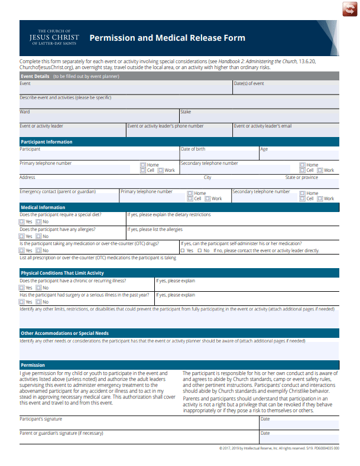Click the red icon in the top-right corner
pyautogui.click(x=346, y=10)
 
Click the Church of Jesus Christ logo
pyautogui.click(x=54, y=37)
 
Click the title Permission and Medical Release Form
pyautogui.click(x=167, y=38)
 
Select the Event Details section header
pyautogui.click(x=35, y=76)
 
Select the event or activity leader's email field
pyautogui.click(x=286, y=132)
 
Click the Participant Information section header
pyautogui.click(x=47, y=142)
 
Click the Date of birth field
pyautogui.click(x=219, y=155)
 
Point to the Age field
pyautogui.click(x=299, y=155)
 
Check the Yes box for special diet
pyautogui.click(x=22, y=221)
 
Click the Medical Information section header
pyautogui.click(x=43, y=207)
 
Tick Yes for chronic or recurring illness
pyautogui.click(x=22, y=288)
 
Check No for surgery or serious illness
pyautogui.click(x=38, y=302)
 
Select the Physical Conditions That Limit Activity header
pyautogui.click(x=62, y=273)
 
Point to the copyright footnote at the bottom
pyautogui.click(x=279, y=449)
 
